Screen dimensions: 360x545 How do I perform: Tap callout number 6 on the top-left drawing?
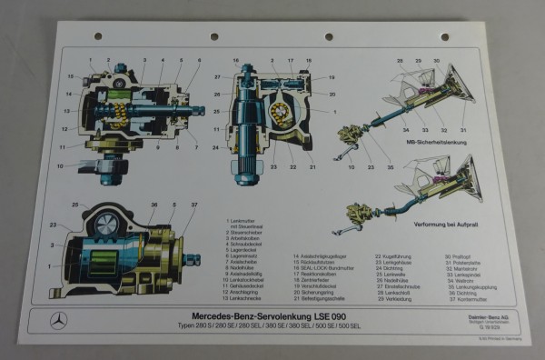coord(200,61)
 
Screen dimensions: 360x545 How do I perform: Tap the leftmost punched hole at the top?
coord(98,36)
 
